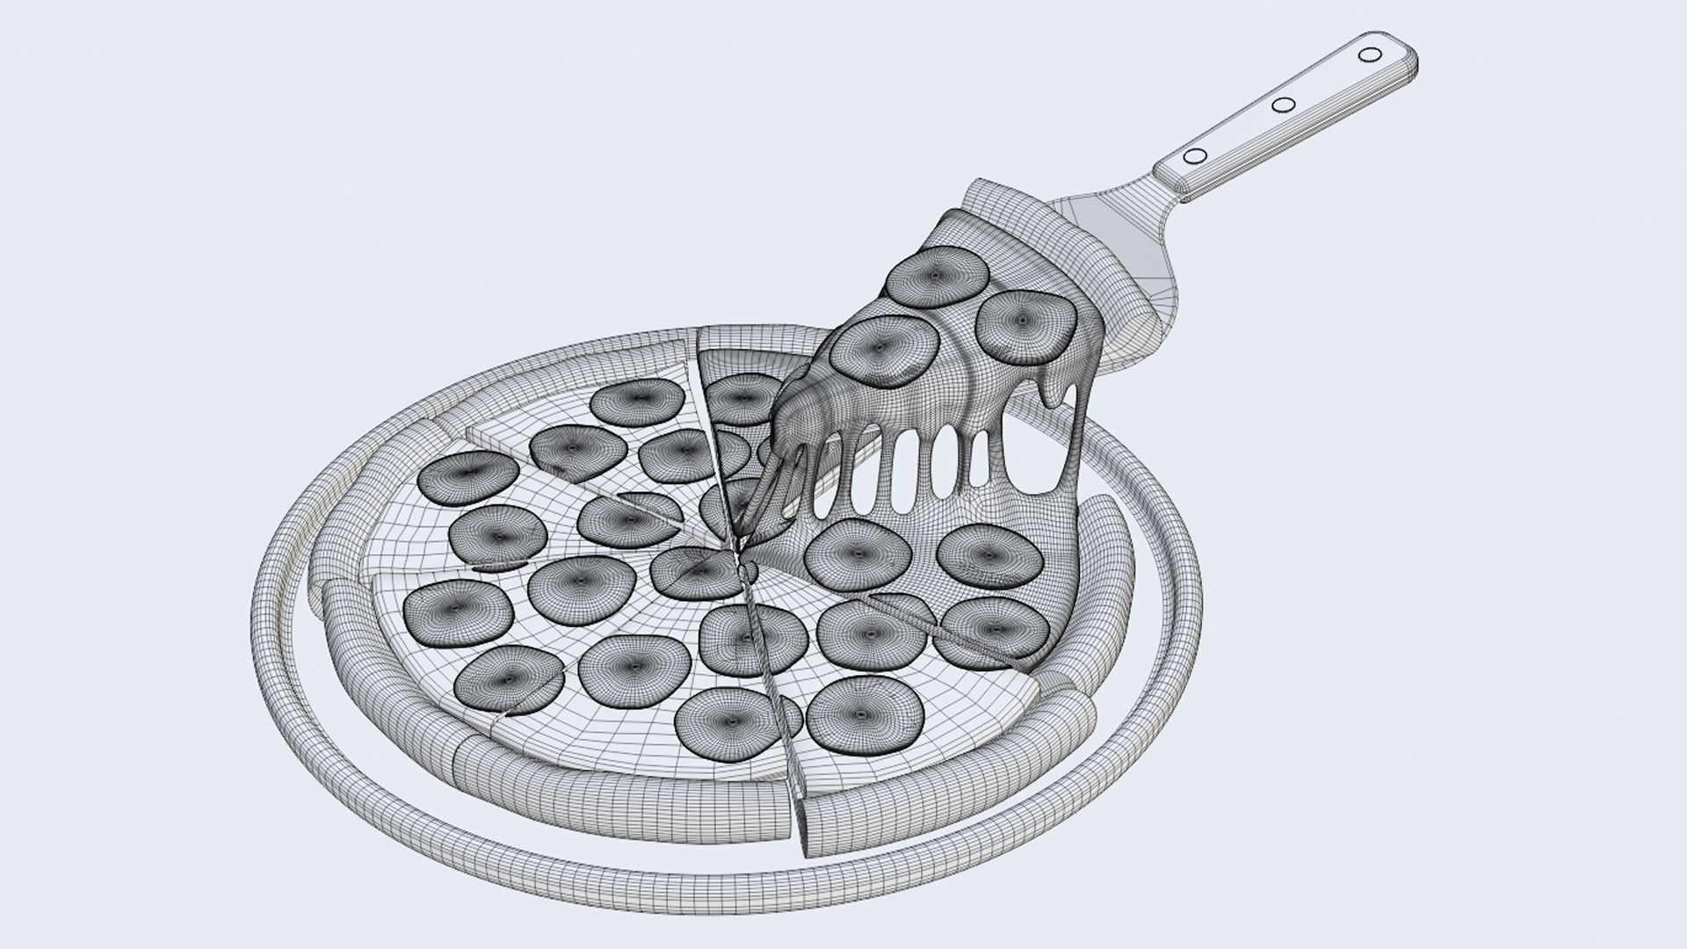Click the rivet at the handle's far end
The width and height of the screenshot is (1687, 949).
(x=1368, y=55)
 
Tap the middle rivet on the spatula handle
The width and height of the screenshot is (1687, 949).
(x=1284, y=105)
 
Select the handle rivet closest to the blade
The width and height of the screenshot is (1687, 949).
(x=1195, y=157)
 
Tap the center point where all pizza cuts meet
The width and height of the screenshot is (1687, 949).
(x=741, y=553)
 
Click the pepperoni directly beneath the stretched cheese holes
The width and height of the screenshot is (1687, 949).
(x=857, y=554)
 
